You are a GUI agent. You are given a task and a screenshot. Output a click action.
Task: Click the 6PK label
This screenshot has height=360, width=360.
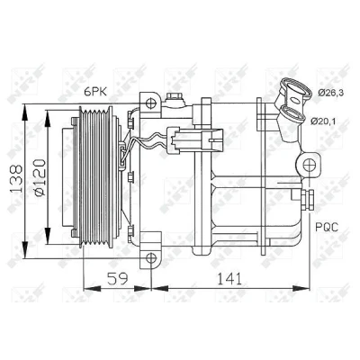(95, 92)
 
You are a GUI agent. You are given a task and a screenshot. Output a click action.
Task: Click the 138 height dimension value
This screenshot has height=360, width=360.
(16, 179)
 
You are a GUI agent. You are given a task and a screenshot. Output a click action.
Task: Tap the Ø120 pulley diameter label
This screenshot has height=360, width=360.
(40, 178)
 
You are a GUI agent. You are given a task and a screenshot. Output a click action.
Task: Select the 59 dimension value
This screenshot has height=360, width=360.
(117, 279)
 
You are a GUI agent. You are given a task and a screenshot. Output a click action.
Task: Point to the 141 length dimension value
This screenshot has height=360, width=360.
(229, 279)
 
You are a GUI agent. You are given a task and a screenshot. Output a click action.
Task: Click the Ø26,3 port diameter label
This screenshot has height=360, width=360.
(330, 93)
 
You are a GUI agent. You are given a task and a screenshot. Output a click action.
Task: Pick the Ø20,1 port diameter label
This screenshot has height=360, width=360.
(324, 121)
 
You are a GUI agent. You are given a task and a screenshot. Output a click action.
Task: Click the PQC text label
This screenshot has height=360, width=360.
(327, 227)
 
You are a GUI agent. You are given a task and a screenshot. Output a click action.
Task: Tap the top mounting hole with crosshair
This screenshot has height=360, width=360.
(151, 103)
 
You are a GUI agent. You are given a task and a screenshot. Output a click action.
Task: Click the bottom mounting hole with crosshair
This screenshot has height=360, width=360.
(151, 258)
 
